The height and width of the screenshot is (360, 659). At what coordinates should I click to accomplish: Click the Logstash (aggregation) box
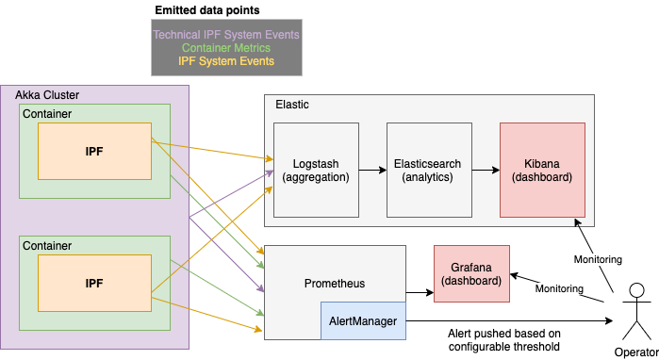(x=316, y=170)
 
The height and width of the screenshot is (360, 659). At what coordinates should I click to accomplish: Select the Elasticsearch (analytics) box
(x=427, y=170)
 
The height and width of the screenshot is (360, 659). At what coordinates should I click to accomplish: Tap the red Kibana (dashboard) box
(x=542, y=170)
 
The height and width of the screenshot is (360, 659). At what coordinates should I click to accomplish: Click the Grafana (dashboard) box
(x=470, y=273)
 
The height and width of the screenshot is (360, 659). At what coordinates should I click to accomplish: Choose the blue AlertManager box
(x=363, y=321)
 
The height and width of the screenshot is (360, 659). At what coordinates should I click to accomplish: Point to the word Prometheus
(x=334, y=284)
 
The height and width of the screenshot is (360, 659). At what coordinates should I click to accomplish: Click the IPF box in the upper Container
(x=94, y=151)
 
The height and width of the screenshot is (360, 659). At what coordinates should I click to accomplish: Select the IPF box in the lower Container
(x=94, y=283)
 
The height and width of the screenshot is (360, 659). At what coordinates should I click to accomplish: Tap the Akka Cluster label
(x=47, y=96)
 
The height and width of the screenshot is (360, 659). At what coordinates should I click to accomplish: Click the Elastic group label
(x=291, y=105)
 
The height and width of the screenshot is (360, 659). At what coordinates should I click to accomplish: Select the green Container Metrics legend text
(x=225, y=48)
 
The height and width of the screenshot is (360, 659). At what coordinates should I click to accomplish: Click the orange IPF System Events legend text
(x=226, y=61)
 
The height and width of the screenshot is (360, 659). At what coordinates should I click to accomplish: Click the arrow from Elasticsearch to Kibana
(x=485, y=170)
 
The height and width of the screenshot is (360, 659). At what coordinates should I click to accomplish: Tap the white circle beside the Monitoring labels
(x=635, y=290)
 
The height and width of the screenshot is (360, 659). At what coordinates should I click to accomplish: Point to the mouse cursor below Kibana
(x=579, y=222)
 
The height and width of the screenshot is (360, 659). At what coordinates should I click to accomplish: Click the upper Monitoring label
(x=598, y=259)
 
